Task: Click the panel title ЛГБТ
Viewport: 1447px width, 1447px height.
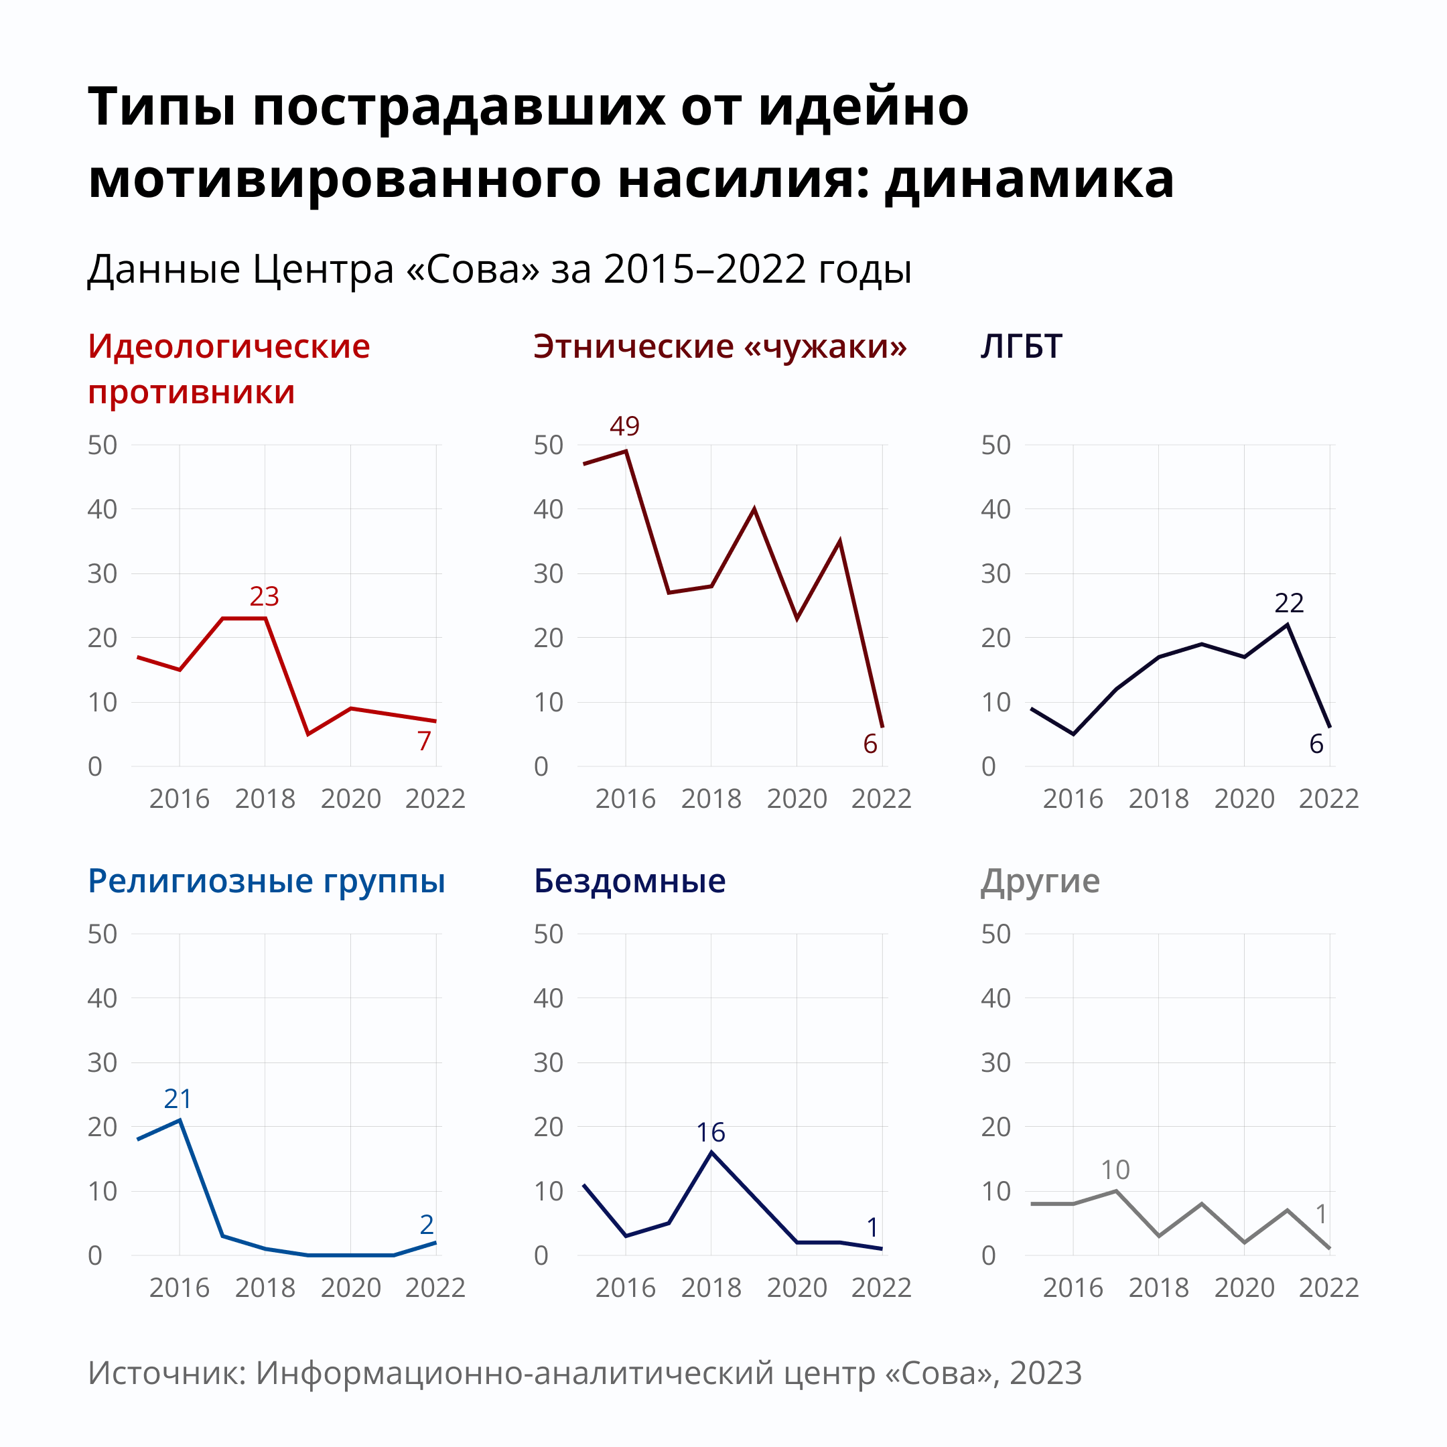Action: [1021, 347]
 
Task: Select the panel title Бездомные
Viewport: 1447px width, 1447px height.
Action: [629, 881]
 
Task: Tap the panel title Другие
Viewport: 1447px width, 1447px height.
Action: [1040, 881]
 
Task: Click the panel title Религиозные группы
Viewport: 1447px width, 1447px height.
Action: [266, 881]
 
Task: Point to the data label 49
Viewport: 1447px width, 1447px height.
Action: [624, 426]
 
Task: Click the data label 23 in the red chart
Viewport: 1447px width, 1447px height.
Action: [264, 596]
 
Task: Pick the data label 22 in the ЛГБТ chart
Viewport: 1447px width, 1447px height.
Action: [1289, 603]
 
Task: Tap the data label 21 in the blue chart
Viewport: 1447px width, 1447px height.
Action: [178, 1099]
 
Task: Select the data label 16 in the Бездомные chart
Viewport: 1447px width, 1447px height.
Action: [710, 1132]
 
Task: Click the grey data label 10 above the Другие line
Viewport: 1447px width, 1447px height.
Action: [1115, 1170]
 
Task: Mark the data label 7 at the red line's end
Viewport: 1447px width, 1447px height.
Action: [424, 742]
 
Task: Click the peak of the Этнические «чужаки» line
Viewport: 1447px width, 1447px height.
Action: [626, 451]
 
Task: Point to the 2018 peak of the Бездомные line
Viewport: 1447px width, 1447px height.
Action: [711, 1152]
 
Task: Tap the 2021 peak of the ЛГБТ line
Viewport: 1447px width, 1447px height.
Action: [1288, 624]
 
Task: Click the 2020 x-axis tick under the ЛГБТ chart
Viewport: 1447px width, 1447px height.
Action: [1244, 799]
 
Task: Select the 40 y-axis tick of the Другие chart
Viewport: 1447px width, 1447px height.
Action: [995, 998]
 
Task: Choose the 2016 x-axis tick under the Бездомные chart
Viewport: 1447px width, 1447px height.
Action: [626, 1288]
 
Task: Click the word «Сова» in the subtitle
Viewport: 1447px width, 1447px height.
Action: [472, 269]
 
